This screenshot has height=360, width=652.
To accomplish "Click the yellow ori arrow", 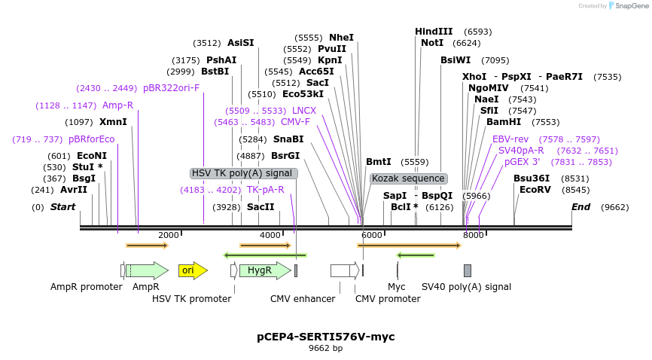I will click(x=192, y=270).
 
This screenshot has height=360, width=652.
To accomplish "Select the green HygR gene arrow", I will click(x=264, y=270).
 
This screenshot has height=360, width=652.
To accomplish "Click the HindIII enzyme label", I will click(x=434, y=32).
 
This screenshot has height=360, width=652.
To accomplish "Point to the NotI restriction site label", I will click(x=432, y=43).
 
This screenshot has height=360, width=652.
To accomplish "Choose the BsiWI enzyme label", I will click(x=455, y=60).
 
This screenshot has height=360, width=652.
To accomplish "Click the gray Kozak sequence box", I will click(x=408, y=178).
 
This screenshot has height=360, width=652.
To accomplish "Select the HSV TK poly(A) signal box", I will click(x=242, y=173).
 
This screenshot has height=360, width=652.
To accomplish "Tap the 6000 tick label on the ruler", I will click(x=371, y=235).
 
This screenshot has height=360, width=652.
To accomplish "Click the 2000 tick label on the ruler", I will click(x=168, y=235).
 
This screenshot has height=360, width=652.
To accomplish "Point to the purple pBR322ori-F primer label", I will click(x=172, y=88).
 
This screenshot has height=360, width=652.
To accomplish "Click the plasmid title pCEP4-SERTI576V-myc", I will click(x=325, y=337).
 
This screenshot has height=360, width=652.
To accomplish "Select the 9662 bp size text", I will click(x=325, y=349).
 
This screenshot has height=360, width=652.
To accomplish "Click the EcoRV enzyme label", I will click(x=535, y=190).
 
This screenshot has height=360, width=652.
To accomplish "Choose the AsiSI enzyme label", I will click(x=241, y=43).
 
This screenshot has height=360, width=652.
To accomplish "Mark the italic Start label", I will click(x=62, y=207).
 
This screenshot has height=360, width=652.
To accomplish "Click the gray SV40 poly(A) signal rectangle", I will click(x=468, y=270).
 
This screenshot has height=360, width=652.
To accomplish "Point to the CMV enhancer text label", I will click(x=303, y=299).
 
